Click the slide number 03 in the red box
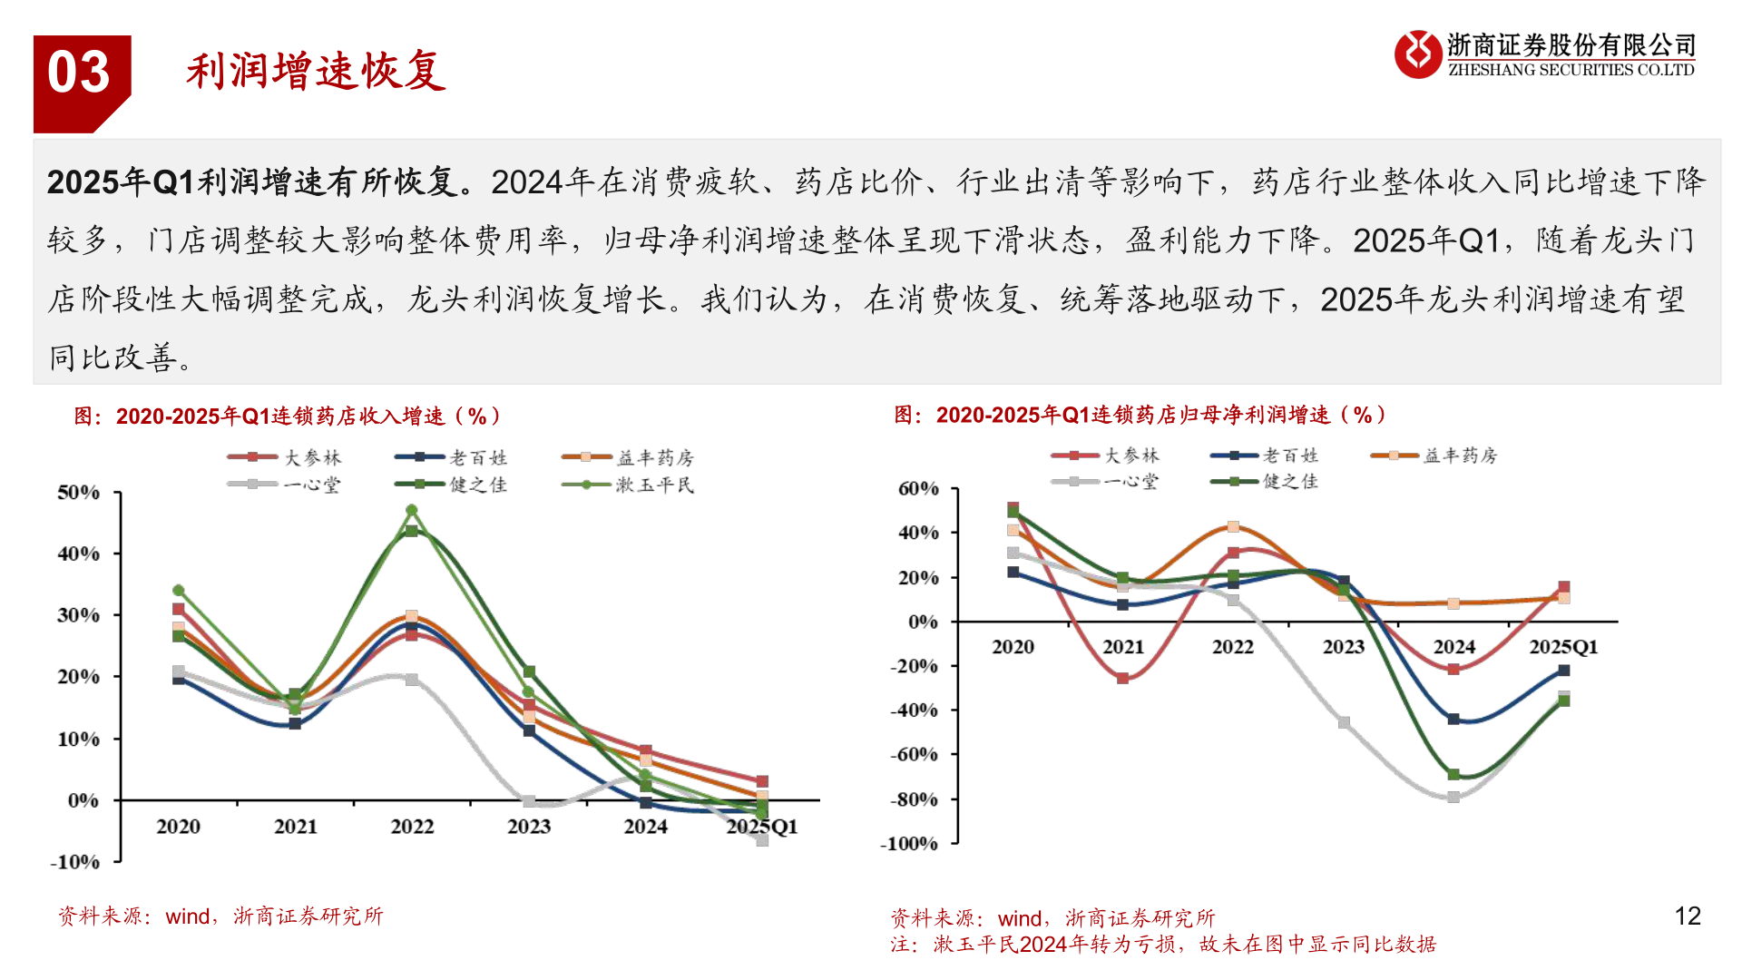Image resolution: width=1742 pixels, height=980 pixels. pos(79,73)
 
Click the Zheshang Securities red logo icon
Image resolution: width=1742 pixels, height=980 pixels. pos(1417,54)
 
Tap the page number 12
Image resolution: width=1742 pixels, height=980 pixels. pos(1687,916)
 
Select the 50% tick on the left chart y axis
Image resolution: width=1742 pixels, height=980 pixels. pos(79,493)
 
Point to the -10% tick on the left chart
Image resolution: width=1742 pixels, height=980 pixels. pos(75,862)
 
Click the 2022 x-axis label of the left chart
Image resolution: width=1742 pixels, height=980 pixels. pos(412,827)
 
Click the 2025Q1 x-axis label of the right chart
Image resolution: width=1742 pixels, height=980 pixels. pos(1562,647)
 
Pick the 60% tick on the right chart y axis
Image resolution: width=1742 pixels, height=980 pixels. pos(918,489)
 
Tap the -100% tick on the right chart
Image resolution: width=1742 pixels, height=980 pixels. pos(910,844)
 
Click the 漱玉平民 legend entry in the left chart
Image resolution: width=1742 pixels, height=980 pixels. pos(653,485)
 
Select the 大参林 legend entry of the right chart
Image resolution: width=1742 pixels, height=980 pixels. pos(1130,456)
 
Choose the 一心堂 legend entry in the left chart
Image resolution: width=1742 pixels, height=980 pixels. pos(310,485)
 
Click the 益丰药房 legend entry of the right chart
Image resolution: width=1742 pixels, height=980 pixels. pos(1459,456)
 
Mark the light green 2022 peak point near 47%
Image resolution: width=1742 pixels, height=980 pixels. pos(412,510)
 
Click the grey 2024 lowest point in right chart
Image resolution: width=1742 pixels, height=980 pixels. pos(1453,798)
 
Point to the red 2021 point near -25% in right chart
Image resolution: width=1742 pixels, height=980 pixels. pos(1123,678)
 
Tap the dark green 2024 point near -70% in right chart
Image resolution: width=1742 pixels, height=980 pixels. pos(1453,775)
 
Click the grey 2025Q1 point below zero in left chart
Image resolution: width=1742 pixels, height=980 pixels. pos(762,840)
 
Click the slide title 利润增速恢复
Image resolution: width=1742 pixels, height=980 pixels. pos(316,72)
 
